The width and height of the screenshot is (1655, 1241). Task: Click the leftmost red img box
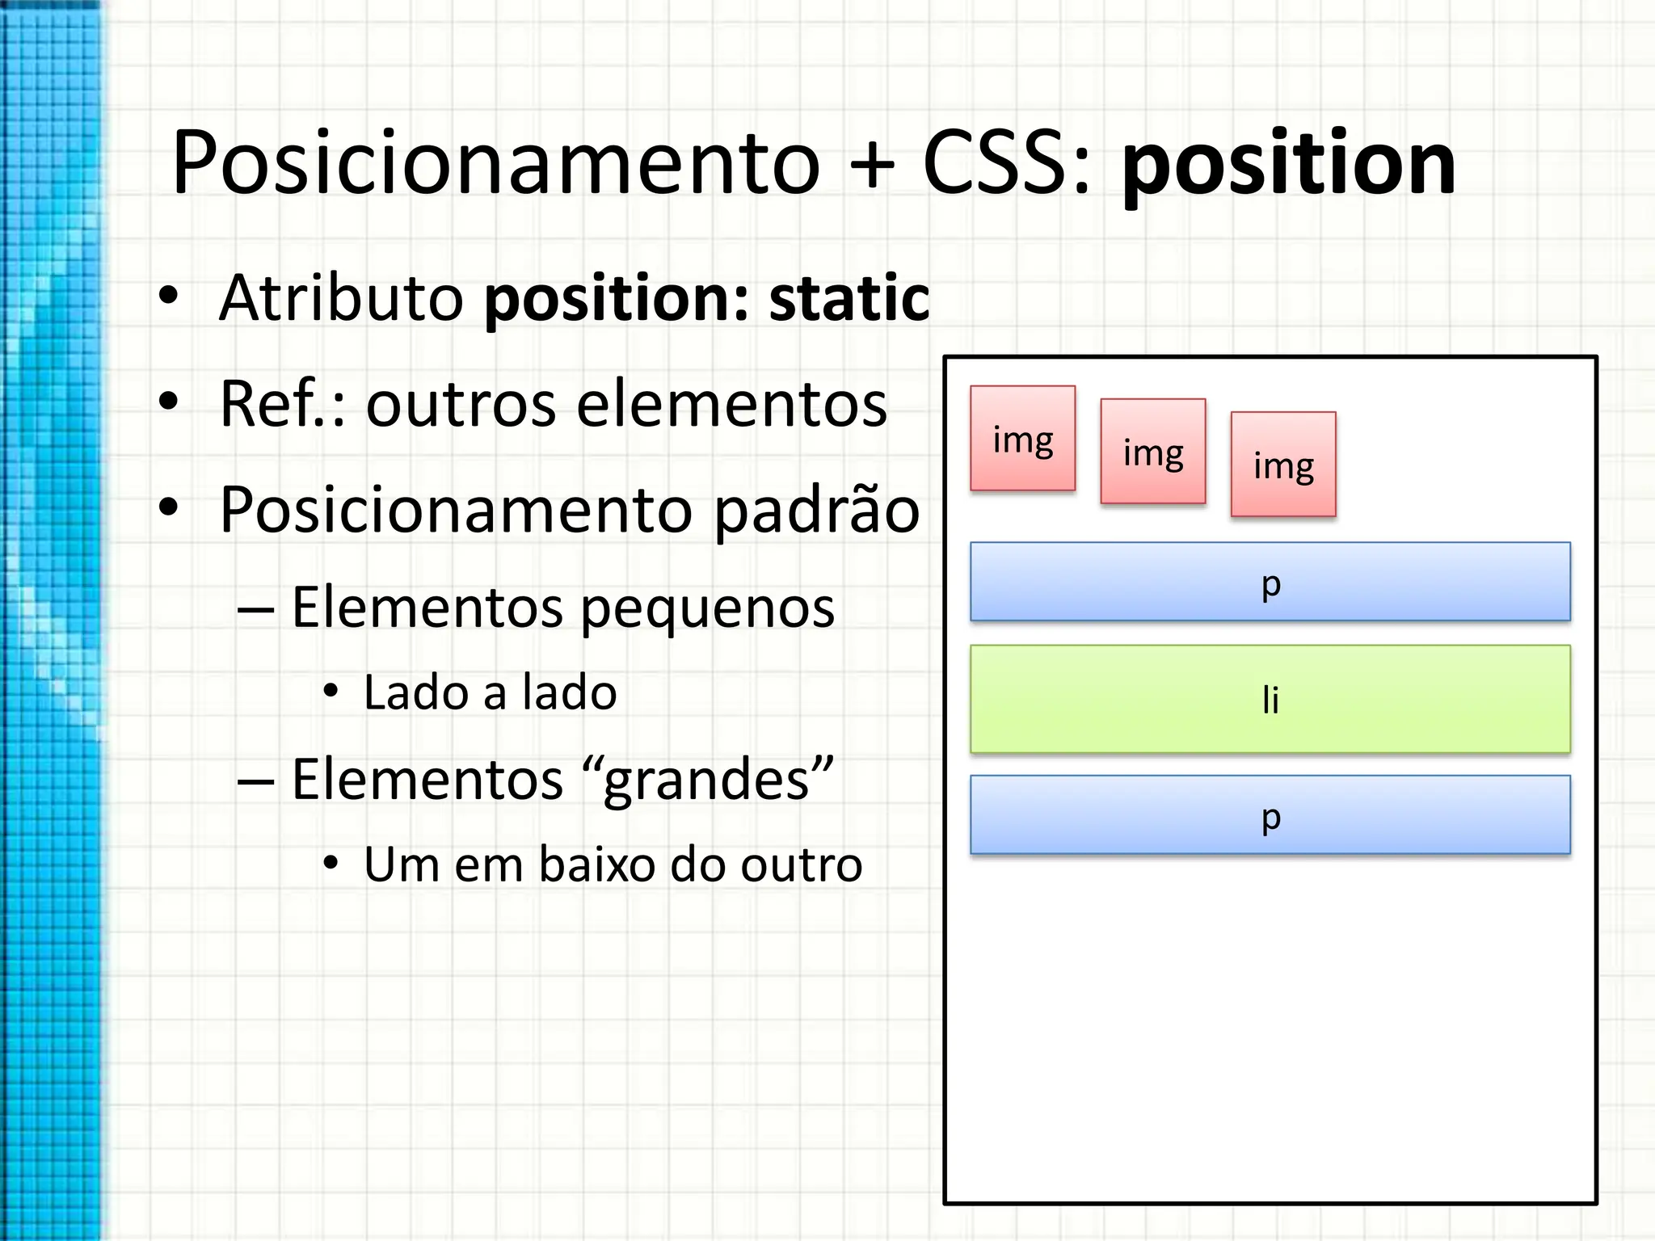pos(1022,438)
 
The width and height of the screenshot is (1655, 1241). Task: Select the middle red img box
pos(1152,451)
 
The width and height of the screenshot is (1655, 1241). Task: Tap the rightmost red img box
pos(1282,464)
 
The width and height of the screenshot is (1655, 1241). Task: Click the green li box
pos(1270,699)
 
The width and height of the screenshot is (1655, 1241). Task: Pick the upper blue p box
pos(1270,582)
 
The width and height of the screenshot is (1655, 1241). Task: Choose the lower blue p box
pos(1270,814)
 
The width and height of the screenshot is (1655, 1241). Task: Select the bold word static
pos(849,298)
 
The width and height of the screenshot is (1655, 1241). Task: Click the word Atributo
pos(341,298)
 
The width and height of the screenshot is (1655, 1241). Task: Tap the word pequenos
pos(707,608)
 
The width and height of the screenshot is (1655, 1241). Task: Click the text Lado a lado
pos(490,692)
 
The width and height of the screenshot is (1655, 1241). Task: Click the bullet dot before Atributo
pos(168,296)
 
